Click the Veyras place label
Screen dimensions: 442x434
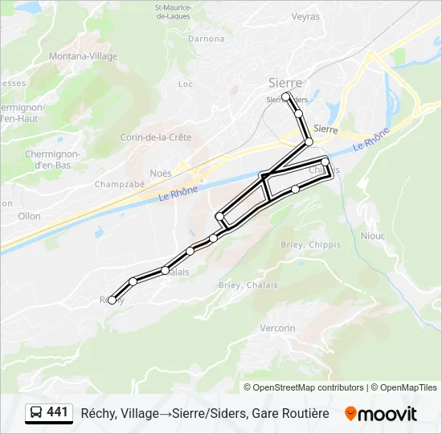305,16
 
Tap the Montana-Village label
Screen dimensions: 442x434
83,56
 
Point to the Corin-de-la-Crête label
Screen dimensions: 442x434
156,137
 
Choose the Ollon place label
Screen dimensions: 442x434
29,216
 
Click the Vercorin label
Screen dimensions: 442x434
278,328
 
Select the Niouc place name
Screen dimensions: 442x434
374,236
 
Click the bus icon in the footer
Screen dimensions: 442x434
36,413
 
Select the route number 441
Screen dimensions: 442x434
57,412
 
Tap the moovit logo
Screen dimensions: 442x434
381,414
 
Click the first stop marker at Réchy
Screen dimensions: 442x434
112,300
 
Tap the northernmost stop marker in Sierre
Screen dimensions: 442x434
285,96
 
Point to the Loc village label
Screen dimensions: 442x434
186,84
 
